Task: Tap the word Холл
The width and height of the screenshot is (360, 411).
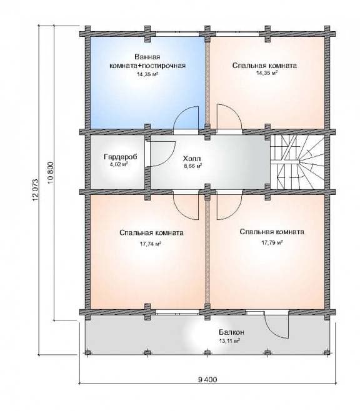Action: (x=192, y=159)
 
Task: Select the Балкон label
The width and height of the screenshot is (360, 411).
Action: (x=231, y=332)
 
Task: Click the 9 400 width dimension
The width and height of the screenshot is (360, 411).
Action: (x=207, y=380)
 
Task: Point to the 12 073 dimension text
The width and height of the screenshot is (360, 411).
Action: (x=36, y=190)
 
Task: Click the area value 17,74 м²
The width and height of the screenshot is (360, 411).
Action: (x=150, y=244)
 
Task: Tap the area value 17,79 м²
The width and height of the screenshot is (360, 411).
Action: (x=272, y=242)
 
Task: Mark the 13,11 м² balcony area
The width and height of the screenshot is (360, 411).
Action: (x=229, y=341)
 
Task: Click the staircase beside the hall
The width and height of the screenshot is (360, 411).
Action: (x=297, y=162)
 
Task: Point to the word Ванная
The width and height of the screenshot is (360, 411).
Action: (x=147, y=57)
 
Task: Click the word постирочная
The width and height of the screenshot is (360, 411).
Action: (x=164, y=66)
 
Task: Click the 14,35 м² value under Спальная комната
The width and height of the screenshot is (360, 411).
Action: (x=267, y=73)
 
